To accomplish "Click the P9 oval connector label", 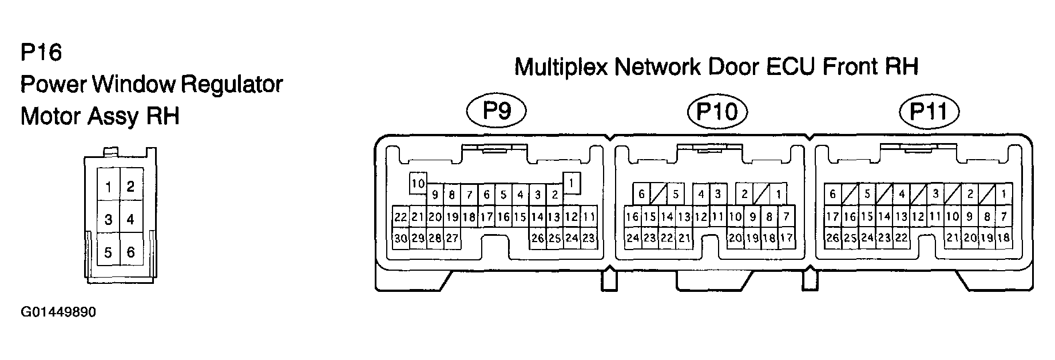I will pos(496,110).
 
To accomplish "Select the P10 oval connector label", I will pos(717,111).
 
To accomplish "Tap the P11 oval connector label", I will pos(929,111).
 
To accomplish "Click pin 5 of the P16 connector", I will pos(108,251).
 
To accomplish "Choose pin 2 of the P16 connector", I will pos(131,187).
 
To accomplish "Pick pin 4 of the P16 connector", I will pos(131,219).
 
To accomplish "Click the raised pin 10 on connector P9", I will pos(418,184).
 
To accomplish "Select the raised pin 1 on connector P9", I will pos(572,183).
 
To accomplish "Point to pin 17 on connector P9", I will pos(486,217).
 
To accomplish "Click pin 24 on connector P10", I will pos(632,238).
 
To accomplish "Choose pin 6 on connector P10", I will pos(641,194).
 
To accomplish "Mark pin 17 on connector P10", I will pos(787,238).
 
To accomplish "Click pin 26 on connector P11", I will pos(832,238).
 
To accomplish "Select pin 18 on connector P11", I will pos(1003,238).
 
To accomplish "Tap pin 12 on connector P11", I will pos(918,217).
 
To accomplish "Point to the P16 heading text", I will pos(41,53).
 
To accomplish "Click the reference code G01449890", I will pos(58,312).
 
